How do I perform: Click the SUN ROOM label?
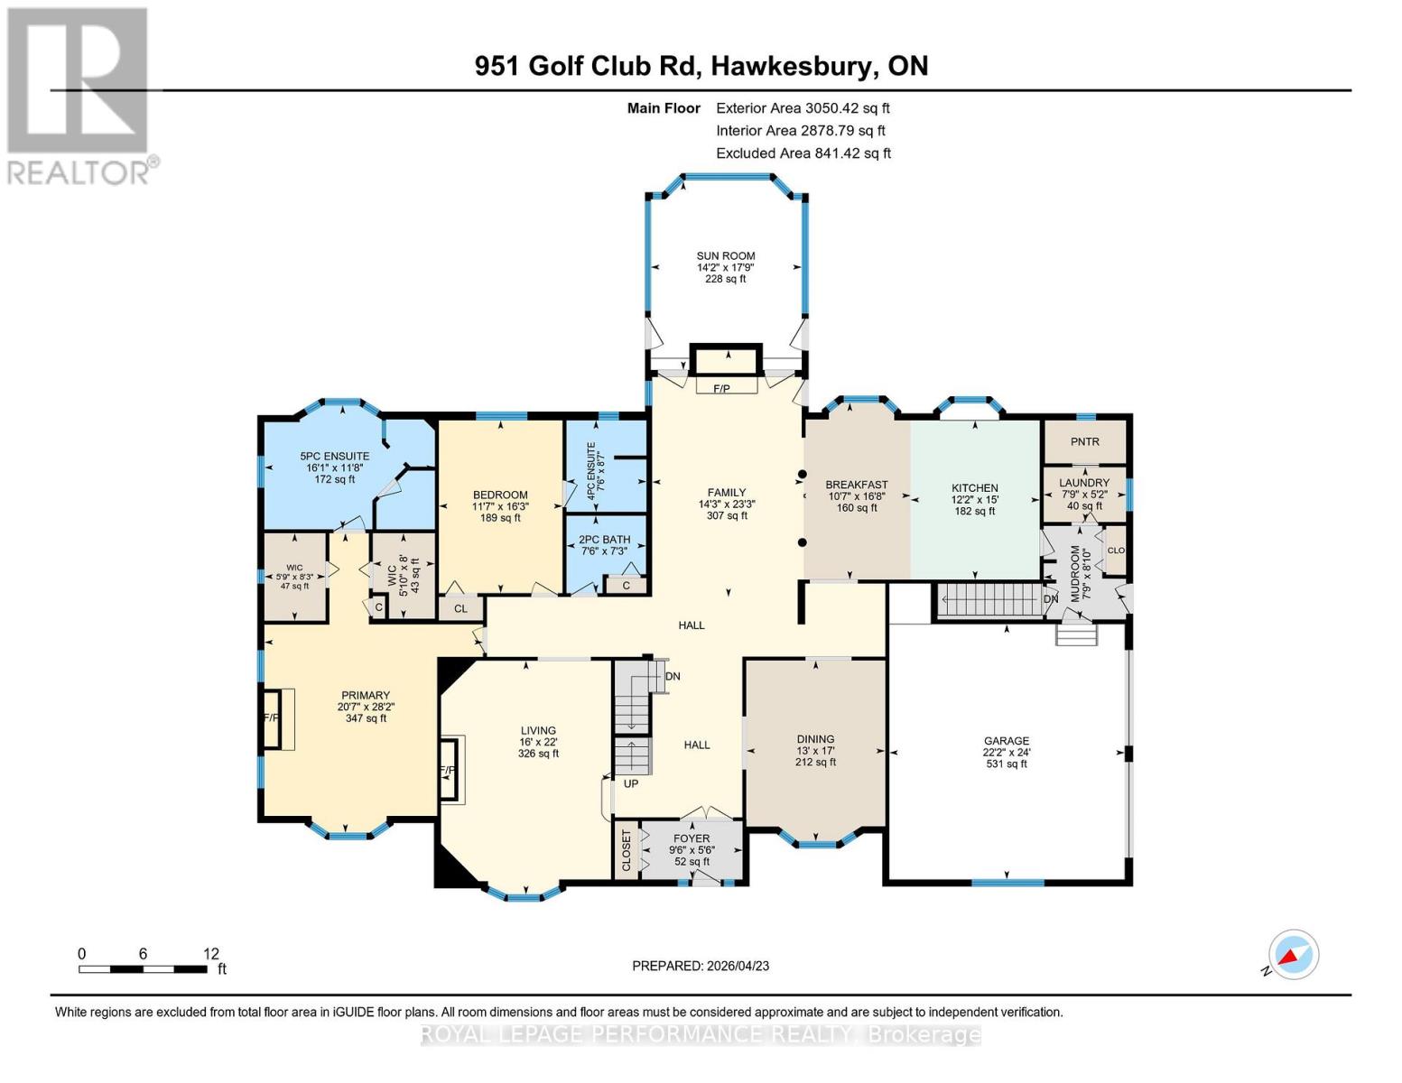tap(725, 256)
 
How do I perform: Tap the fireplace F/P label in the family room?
tap(721, 388)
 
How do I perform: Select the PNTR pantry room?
tap(1084, 441)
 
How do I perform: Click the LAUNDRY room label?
tap(1084, 483)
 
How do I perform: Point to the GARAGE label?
tap(1006, 741)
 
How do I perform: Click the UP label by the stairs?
tap(630, 783)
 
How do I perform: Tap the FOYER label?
tap(692, 838)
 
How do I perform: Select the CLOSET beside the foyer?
tap(627, 850)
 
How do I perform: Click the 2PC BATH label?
tap(604, 540)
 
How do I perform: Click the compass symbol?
tap(1293, 955)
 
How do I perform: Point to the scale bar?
tap(143, 969)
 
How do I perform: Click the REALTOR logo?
tap(79, 95)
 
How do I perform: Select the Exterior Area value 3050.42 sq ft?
tap(847, 108)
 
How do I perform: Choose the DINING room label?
tap(815, 739)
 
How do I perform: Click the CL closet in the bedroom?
tap(460, 608)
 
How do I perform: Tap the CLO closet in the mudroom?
tap(1115, 551)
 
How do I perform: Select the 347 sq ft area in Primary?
tap(366, 718)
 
